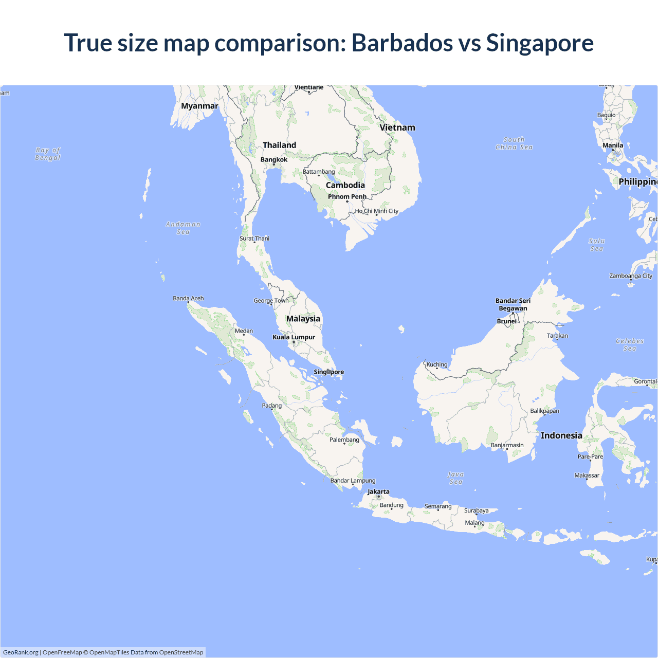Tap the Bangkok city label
point(274,160)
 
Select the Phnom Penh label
point(347,197)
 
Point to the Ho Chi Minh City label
point(377,211)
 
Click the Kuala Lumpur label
point(294,337)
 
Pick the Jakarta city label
point(378,492)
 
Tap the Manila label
point(613,145)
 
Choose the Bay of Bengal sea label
point(48,154)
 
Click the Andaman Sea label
point(183,228)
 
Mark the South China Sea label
point(514,143)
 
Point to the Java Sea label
point(455,478)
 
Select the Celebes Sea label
point(630,344)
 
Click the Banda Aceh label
point(188,299)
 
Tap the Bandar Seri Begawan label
point(513,304)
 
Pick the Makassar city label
point(587,476)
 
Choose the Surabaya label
point(477,511)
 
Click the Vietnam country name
point(397,127)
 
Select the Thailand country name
point(279,145)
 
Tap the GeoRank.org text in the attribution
point(21,652)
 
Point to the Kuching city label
point(437,365)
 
